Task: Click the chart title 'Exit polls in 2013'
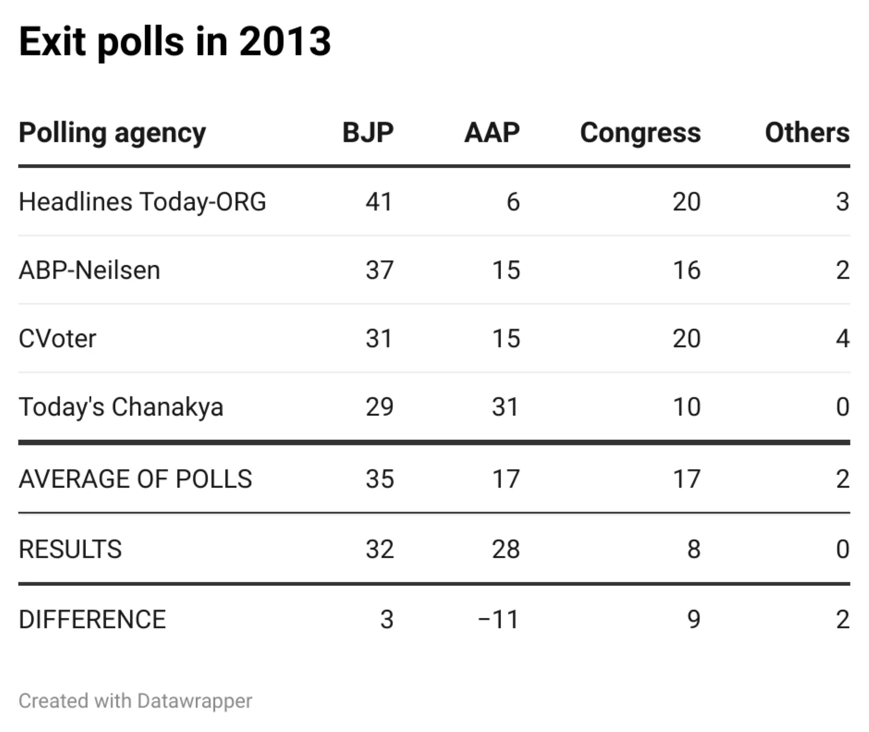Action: click(x=174, y=42)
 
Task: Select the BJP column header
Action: click(x=368, y=132)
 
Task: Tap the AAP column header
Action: click(x=492, y=132)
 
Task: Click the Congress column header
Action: click(x=640, y=132)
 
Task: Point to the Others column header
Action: click(x=807, y=132)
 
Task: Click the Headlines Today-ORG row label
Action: click(x=142, y=202)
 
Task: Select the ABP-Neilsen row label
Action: click(x=90, y=270)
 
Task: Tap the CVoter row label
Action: click(x=58, y=339)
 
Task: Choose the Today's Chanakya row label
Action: click(x=121, y=407)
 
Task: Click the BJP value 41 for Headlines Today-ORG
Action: click(x=379, y=202)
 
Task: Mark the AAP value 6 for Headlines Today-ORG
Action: click(x=513, y=202)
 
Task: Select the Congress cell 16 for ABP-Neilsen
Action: click(x=687, y=270)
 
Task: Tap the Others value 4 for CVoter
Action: click(x=842, y=339)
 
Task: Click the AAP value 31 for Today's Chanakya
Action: click(x=506, y=407)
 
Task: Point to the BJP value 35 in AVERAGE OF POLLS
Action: click(x=379, y=479)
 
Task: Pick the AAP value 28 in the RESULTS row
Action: click(x=506, y=549)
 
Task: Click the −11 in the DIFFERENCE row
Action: click(x=499, y=620)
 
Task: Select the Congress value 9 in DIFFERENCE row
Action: click(x=694, y=620)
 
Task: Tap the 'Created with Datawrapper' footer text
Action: click(x=135, y=701)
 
